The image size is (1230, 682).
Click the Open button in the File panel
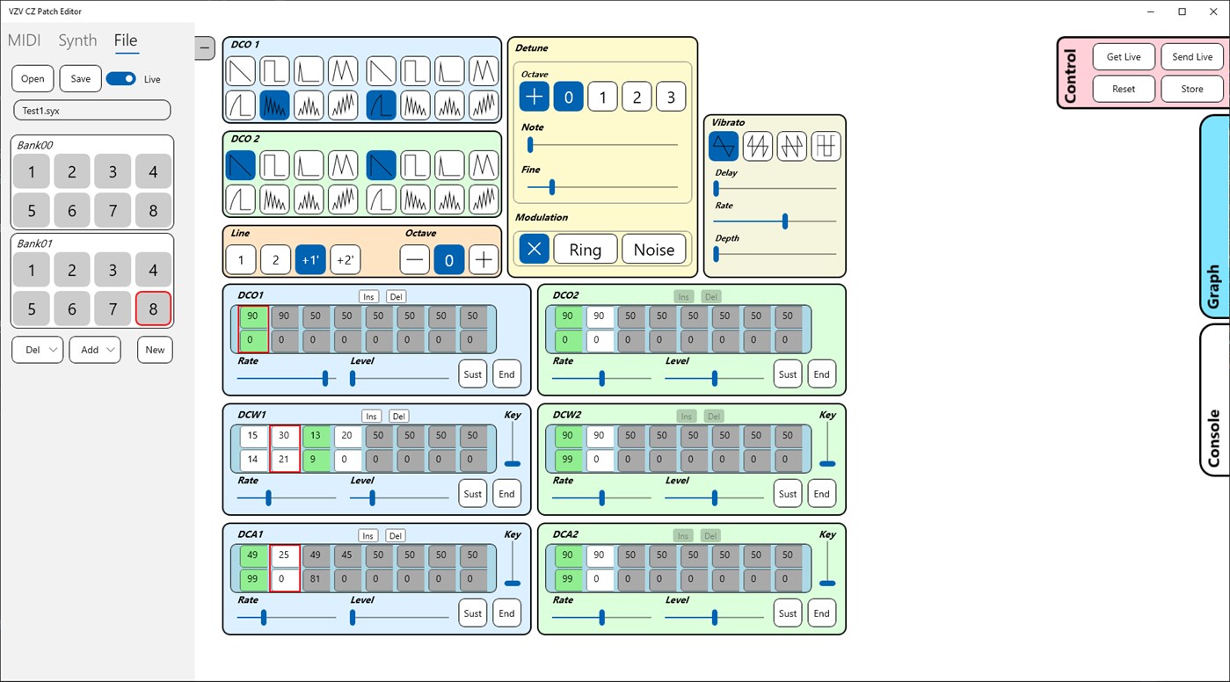coord(33,78)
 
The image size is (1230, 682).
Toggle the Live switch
coord(120,78)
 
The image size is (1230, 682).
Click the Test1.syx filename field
coord(91,110)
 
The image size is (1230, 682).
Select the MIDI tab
coord(25,40)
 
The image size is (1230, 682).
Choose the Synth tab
coord(77,40)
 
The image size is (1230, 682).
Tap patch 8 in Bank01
coord(153,309)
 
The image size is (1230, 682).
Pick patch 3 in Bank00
coord(113,171)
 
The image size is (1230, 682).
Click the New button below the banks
coord(155,349)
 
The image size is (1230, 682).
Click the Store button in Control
coord(1191,89)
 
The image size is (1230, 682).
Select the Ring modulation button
coord(585,250)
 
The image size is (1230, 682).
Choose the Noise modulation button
coord(653,250)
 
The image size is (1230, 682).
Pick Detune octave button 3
coord(671,97)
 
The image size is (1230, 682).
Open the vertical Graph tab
coord(1214,215)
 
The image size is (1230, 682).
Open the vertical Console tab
coord(1214,401)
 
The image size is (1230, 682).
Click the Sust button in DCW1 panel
coord(472,494)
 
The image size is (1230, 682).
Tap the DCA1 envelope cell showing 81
coord(316,579)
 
